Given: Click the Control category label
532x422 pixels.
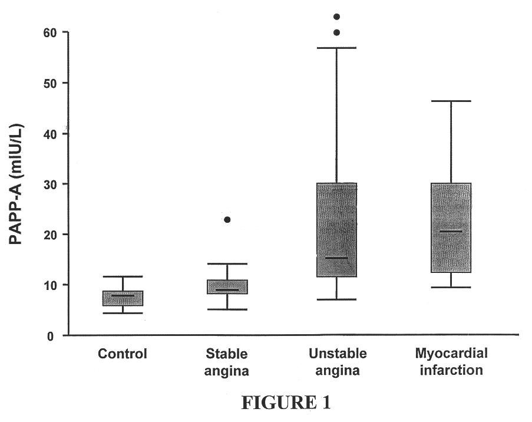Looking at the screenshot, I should [123, 354].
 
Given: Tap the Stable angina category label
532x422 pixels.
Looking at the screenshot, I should [227, 362].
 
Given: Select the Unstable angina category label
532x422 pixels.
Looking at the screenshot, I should [337, 362].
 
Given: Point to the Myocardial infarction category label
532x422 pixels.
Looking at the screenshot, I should [451, 362].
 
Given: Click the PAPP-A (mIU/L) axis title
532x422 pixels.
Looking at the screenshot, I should [18, 184].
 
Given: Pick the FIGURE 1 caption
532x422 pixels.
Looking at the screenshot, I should [286, 403].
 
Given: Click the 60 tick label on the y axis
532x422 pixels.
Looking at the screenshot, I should [48, 32].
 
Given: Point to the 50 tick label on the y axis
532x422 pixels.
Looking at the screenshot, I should [48, 83].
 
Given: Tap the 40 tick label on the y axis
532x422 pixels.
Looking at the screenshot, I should [48, 134].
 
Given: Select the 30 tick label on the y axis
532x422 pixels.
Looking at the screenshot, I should [48, 184].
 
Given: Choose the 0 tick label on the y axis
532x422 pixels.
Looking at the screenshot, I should [51, 336].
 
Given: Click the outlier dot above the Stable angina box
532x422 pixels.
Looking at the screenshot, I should [227, 220].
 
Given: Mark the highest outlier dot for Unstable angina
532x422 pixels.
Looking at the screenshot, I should [337, 17].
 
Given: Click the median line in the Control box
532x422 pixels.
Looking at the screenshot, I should [123, 296].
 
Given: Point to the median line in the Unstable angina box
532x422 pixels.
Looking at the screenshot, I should [336, 258].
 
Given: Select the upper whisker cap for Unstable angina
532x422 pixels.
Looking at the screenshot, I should [336, 47].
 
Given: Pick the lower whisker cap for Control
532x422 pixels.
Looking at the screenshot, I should [123, 313].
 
